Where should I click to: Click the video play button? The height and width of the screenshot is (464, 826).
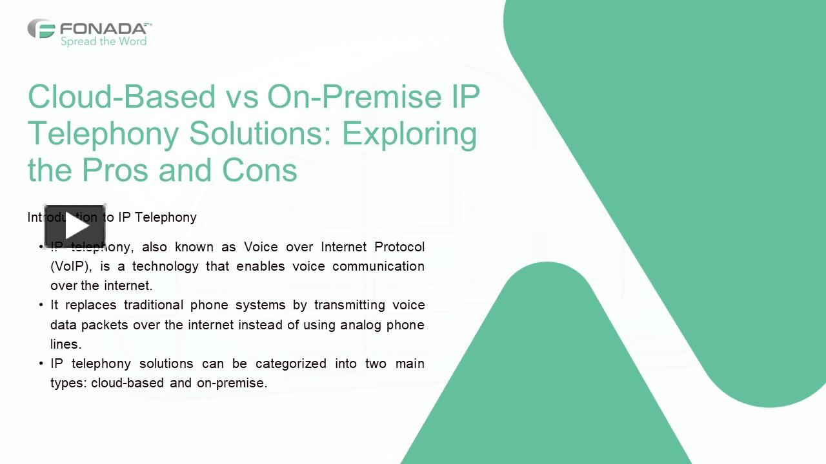coord(75,227)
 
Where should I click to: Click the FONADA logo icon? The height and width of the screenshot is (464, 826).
coord(41,28)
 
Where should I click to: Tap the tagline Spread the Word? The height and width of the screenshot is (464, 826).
coord(103,42)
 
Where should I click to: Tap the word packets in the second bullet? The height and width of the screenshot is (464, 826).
coord(107,325)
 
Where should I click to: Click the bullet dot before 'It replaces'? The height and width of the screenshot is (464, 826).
coord(41,305)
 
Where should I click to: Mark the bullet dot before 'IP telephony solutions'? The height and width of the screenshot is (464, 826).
coord(41,363)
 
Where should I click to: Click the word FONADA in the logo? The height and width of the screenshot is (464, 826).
coord(103,28)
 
